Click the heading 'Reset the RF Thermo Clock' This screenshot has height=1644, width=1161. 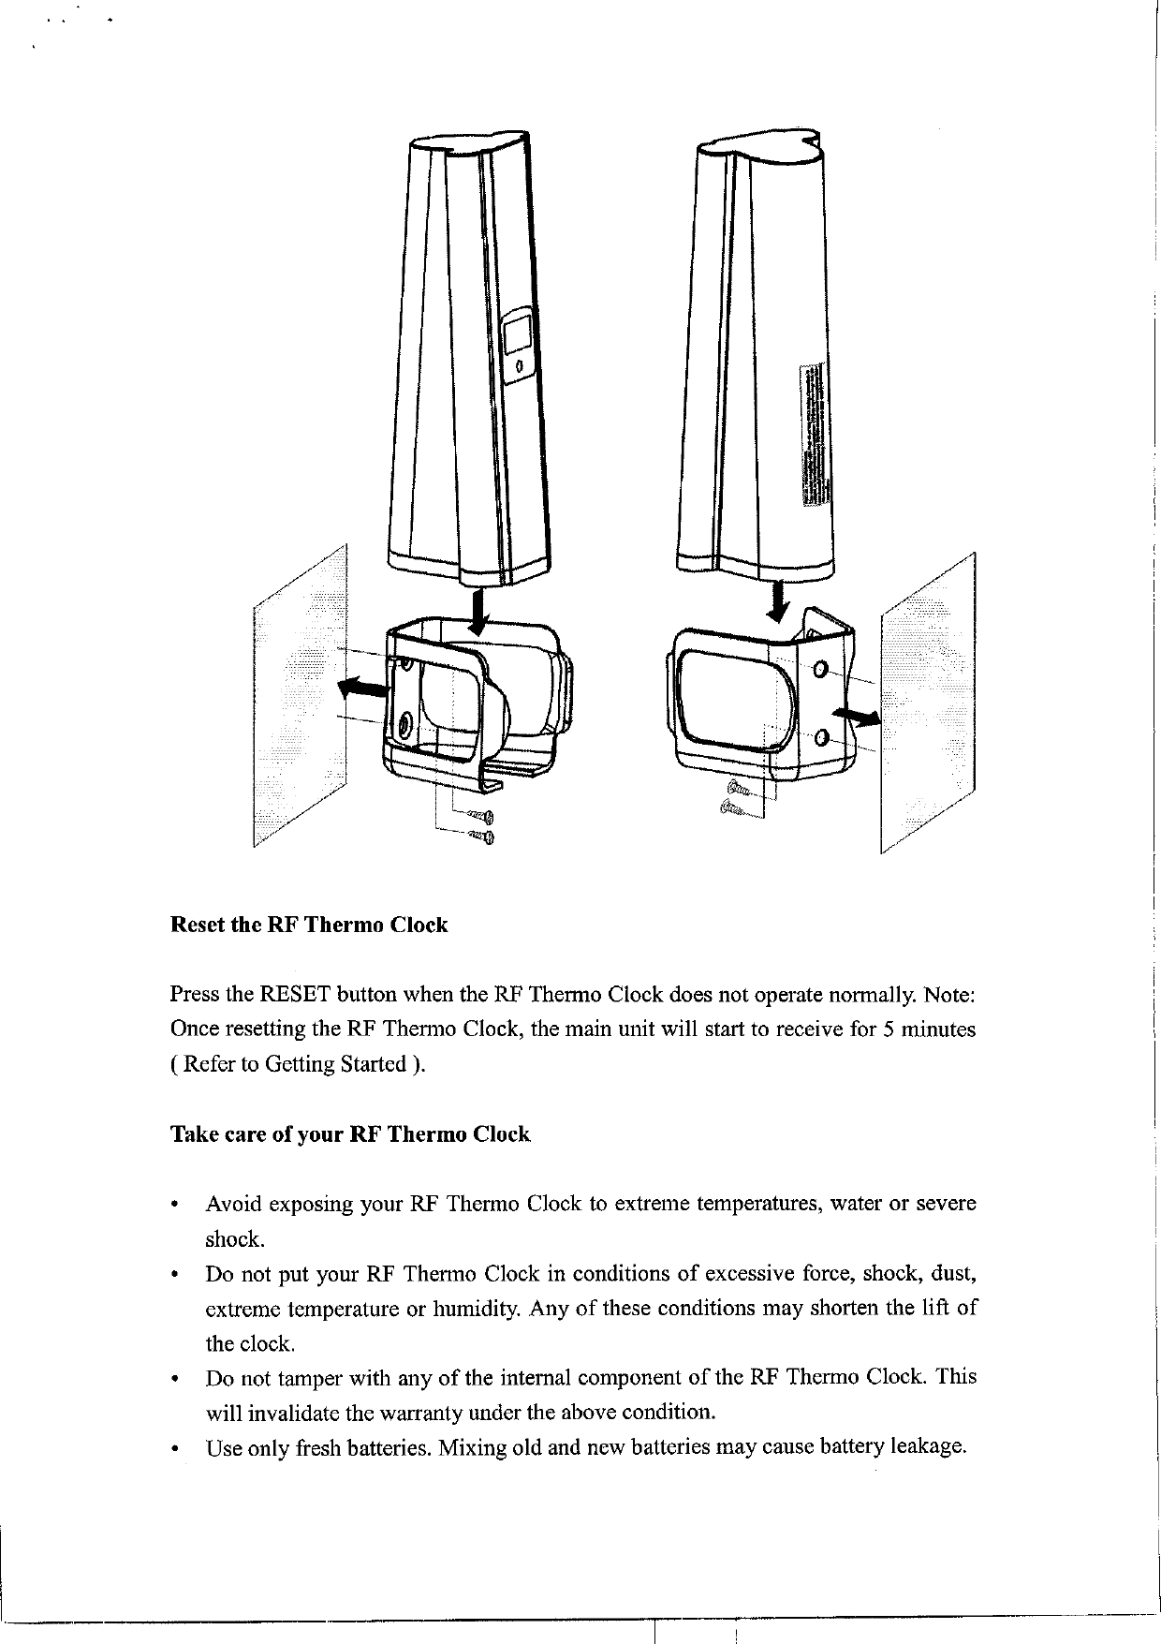click(x=309, y=926)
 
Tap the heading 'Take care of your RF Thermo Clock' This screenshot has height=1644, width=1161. click(x=350, y=1135)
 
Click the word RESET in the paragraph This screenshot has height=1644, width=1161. click(x=295, y=994)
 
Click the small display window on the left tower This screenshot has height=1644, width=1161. click(x=517, y=334)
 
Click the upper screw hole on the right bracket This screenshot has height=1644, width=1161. click(x=820, y=670)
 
